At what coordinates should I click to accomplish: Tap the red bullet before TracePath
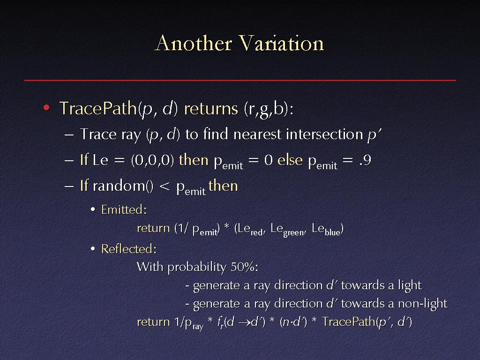[x=46, y=107]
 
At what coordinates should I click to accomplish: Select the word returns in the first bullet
[x=211, y=108]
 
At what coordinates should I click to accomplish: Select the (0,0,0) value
[x=152, y=160]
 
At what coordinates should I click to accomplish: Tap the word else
[x=290, y=160]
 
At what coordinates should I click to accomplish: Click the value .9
[x=365, y=160]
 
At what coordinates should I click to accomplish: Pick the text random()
[x=123, y=186]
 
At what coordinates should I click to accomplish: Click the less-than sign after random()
[x=165, y=186]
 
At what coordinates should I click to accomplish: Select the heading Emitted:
[x=124, y=210]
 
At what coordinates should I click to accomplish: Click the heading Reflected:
[x=129, y=249]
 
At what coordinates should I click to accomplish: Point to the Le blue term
[x=326, y=229]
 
